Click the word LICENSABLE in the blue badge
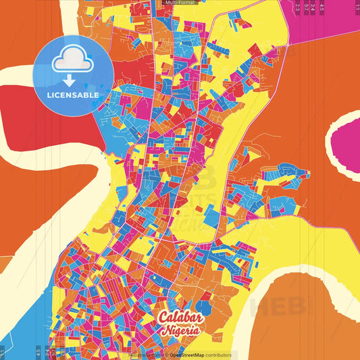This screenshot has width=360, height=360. point(73,95)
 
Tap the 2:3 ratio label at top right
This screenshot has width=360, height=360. point(298,7)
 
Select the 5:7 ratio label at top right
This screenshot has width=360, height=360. point(307,7)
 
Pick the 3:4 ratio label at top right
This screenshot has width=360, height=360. point(313,7)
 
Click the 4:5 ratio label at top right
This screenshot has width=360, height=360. point(322,7)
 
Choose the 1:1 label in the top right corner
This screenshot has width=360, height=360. point(357,7)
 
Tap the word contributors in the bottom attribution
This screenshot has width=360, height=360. point(218,355)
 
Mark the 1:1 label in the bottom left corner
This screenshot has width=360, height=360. point(3,352)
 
